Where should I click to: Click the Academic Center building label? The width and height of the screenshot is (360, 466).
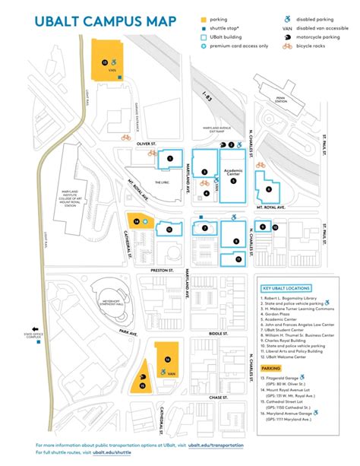click(233, 171)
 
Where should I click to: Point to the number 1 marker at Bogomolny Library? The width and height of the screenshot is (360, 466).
click(170, 158)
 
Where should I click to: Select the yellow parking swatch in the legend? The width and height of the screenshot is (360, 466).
click(203, 18)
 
